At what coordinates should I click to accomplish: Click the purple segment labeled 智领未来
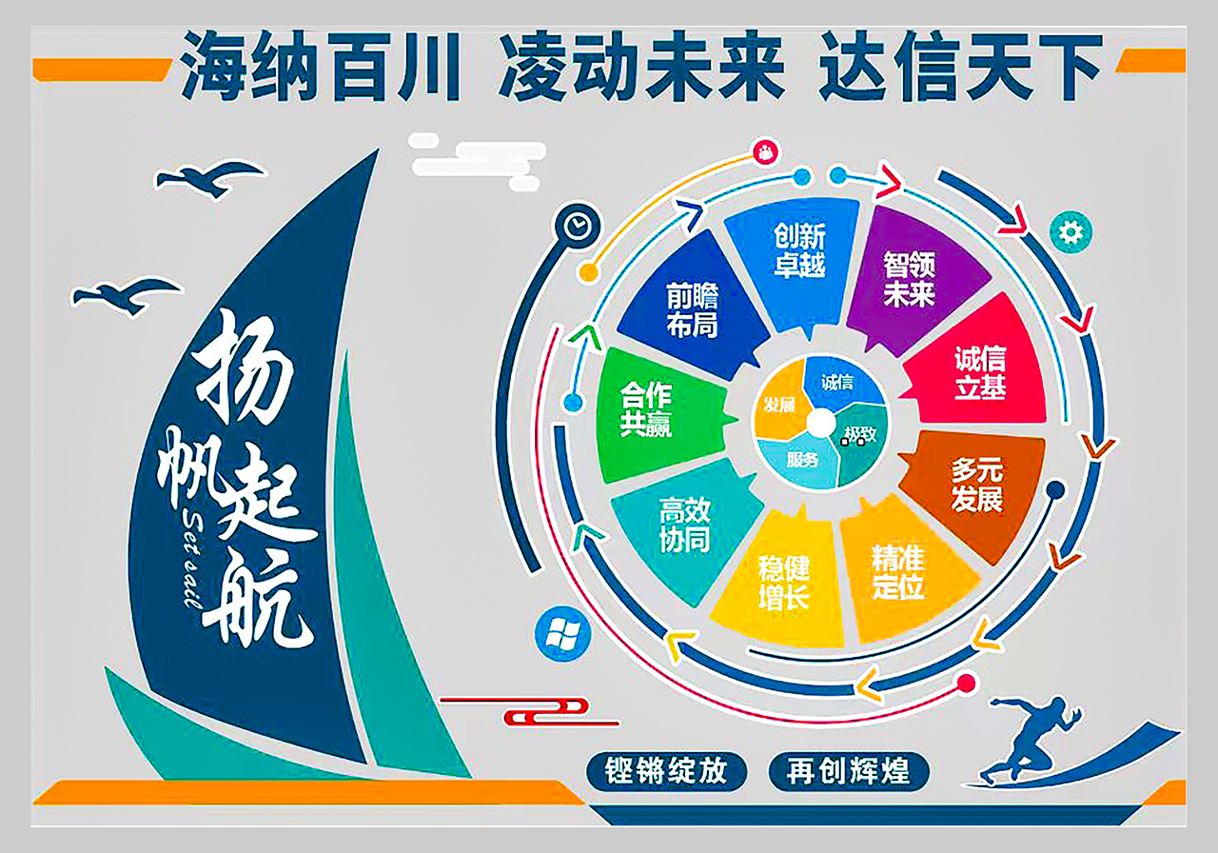(x=913, y=280)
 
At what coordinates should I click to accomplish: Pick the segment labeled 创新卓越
(x=796, y=256)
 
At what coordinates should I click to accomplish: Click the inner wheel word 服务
(x=802, y=460)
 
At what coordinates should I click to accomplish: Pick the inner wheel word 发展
(x=779, y=405)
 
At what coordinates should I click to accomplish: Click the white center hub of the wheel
(x=821, y=424)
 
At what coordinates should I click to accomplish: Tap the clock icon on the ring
(x=577, y=226)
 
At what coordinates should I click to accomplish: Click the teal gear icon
(x=1071, y=232)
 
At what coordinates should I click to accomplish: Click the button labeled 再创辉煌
(x=849, y=771)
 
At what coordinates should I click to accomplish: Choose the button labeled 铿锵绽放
(x=667, y=771)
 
